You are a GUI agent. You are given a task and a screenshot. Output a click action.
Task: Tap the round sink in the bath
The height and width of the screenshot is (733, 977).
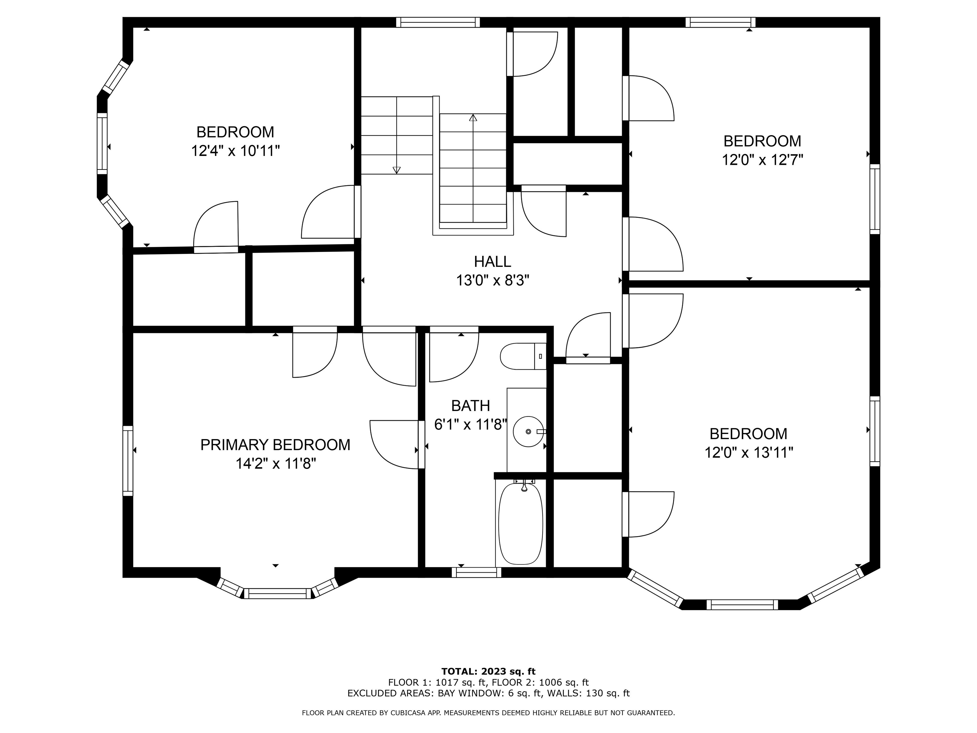tap(528, 431)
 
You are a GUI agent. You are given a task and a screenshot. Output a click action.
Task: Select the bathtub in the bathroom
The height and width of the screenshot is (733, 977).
tap(521, 524)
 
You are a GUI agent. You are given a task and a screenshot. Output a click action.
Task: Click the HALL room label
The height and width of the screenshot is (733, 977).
tap(492, 262)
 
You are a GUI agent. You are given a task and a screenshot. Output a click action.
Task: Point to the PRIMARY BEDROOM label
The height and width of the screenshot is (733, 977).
tap(275, 444)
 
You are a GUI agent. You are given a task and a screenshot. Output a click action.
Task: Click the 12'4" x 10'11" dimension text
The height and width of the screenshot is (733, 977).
tap(235, 151)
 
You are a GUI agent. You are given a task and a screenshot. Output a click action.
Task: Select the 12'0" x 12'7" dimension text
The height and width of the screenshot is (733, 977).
tap(762, 159)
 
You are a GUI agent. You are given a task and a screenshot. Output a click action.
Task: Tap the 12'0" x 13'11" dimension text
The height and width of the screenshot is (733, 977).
tap(749, 452)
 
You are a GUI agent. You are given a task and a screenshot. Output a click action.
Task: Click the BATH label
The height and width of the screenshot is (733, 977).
tap(470, 406)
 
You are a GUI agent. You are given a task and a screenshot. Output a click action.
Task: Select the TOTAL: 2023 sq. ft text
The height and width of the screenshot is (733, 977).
tap(488, 672)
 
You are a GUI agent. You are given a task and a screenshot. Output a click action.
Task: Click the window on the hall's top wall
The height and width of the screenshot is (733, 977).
tap(438, 22)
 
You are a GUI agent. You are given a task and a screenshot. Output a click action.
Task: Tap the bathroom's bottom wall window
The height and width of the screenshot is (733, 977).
tap(477, 572)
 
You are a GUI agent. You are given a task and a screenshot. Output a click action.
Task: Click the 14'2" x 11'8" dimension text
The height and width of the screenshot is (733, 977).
tap(276, 464)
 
